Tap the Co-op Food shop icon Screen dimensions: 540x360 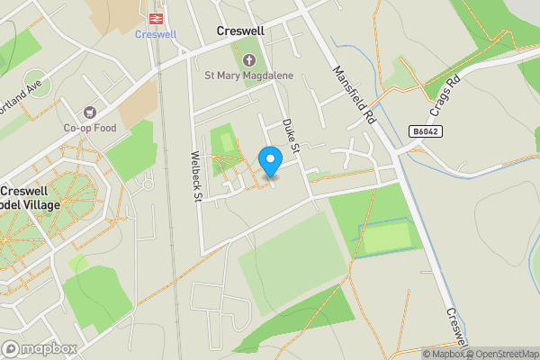tap(89, 112)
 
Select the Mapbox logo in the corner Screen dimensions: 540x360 tap(39, 348)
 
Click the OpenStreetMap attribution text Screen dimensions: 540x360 tap(506, 354)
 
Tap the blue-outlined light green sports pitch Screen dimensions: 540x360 tap(387, 238)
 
